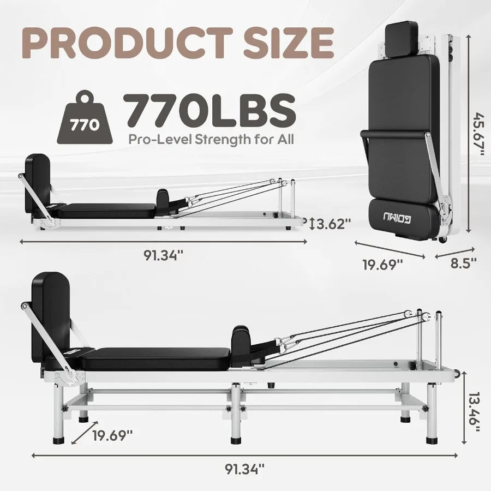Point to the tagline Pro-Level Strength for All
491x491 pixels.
[211, 139]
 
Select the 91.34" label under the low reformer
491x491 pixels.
[163, 255]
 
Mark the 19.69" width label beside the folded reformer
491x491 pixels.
[384, 265]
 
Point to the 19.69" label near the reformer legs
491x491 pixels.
[112, 435]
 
